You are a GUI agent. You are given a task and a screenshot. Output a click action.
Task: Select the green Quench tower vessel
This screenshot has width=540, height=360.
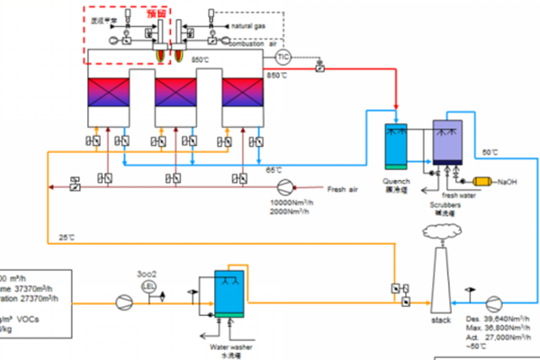tap(396, 144)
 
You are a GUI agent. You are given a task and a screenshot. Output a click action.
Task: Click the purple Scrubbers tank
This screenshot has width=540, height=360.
tap(447, 142)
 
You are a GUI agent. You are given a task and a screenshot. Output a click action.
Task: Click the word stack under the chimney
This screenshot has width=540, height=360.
tap(441, 319)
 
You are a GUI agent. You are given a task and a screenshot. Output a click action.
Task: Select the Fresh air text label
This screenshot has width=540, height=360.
tap(344, 189)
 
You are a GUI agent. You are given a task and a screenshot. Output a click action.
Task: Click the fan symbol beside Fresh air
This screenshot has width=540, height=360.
tap(285, 187)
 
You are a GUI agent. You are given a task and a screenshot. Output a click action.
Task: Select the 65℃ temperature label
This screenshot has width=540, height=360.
tap(273, 170)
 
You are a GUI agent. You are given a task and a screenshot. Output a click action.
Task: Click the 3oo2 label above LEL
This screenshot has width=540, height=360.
tap(147, 273)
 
